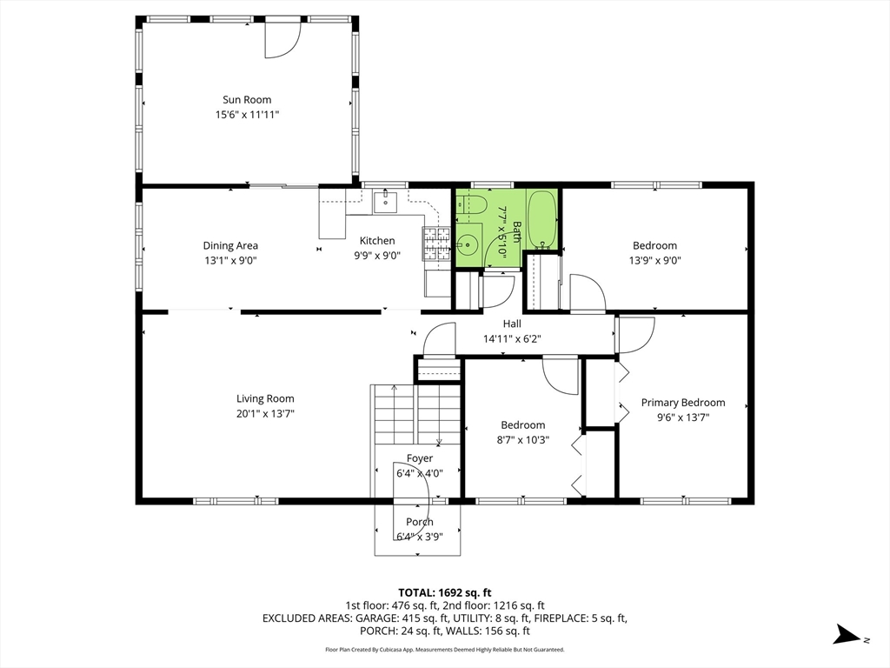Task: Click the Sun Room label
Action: tap(247, 99)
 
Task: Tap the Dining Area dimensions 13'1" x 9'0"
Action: tap(230, 261)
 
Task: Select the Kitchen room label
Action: tap(377, 241)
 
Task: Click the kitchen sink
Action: tap(385, 202)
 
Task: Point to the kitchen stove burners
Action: tap(436, 244)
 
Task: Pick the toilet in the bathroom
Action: tap(472, 204)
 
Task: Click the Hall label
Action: tap(512, 324)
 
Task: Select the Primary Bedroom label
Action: tap(683, 403)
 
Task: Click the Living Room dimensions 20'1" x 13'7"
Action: tap(265, 413)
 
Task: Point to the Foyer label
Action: tap(420, 458)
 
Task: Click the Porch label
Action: tap(420, 522)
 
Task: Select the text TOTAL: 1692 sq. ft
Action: tap(444, 593)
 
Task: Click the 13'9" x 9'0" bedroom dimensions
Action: tap(655, 261)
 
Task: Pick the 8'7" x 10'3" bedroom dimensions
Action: tap(522, 439)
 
